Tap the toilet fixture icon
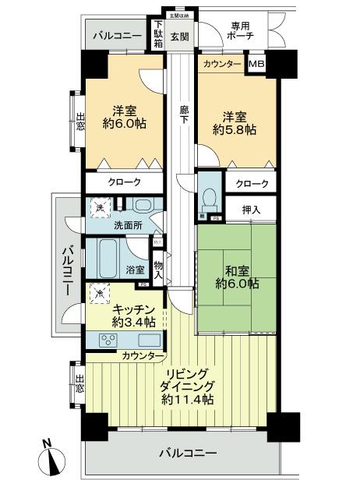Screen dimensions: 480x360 pos(208,195)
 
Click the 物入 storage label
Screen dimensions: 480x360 pos(159,269)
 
